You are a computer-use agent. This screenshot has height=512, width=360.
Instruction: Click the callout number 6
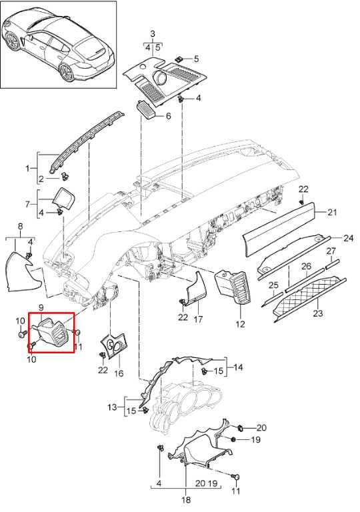[x=168, y=116]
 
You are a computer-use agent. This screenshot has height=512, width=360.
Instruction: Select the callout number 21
[x=332, y=212]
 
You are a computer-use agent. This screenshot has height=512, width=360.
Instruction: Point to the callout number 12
[x=240, y=324]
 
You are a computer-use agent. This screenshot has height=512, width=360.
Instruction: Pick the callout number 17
[x=198, y=319]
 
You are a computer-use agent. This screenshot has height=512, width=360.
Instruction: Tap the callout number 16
[x=119, y=373]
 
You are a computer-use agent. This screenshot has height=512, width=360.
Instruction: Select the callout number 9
[x=41, y=307]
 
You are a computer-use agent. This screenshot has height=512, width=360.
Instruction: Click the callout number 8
[x=20, y=226]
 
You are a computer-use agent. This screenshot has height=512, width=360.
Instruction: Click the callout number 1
[x=27, y=169]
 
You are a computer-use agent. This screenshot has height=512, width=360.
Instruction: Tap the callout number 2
[x=41, y=179]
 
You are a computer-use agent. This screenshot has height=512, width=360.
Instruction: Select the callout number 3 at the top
[x=153, y=33]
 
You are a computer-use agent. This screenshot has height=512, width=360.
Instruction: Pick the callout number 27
[x=331, y=251]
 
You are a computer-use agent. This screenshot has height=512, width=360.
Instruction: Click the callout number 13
[x=112, y=407]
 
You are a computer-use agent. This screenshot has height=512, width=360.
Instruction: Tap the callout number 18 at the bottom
[x=185, y=499]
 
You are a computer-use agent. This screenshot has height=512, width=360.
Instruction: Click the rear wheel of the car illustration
[x=67, y=73]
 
